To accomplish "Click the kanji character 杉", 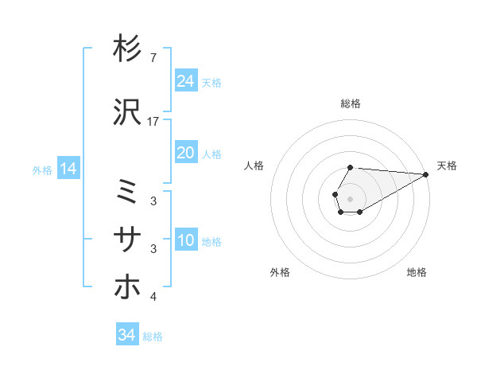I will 127,49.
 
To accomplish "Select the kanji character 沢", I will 127,112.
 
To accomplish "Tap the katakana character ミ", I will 127,191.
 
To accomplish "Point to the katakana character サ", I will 127,238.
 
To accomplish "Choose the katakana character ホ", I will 127,286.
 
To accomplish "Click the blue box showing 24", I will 186,81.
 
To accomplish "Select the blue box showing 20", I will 186,154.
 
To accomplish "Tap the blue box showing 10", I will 186,240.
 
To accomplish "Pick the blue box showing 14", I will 68,169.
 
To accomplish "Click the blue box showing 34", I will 126,335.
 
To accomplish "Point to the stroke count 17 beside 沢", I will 153,122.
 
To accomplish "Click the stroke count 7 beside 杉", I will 153,58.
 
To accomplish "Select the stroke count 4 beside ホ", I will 153,297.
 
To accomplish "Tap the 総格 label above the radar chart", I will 350,103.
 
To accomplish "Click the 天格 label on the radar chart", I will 447,166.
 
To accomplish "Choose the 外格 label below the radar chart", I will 280,273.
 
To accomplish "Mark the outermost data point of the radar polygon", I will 427,174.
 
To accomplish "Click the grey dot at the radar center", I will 350,198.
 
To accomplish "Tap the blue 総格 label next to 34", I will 153,337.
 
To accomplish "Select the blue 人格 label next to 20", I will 211,154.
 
